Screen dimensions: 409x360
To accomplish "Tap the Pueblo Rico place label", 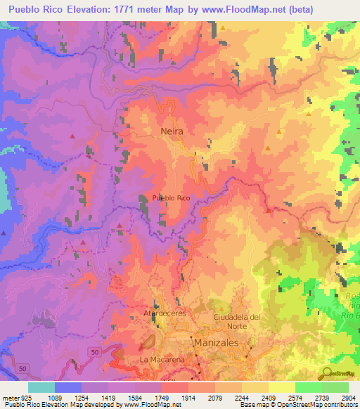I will pos(171,199).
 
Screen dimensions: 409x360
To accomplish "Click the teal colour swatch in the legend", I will pos(41,387).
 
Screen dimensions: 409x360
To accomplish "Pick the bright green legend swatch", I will pos(308,387).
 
